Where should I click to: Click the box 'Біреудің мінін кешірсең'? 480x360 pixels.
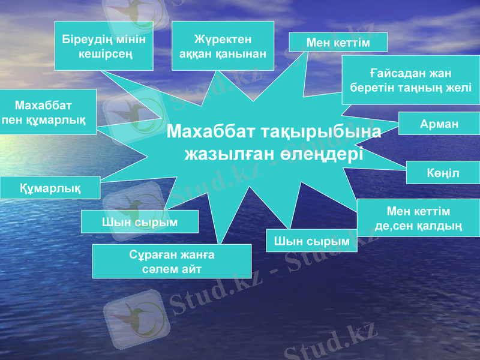click(x=103, y=46)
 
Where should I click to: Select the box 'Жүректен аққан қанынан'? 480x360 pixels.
click(x=223, y=46)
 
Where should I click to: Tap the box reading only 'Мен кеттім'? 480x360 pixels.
click(x=338, y=43)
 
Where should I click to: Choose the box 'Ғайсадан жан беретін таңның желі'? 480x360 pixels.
click(x=410, y=80)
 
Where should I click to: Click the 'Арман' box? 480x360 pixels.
click(x=439, y=124)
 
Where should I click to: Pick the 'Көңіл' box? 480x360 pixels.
click(x=443, y=173)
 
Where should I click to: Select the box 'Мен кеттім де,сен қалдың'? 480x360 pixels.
click(x=418, y=218)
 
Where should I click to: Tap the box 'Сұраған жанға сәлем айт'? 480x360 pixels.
click(x=172, y=261)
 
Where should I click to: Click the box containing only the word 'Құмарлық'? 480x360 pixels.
click(x=50, y=188)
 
